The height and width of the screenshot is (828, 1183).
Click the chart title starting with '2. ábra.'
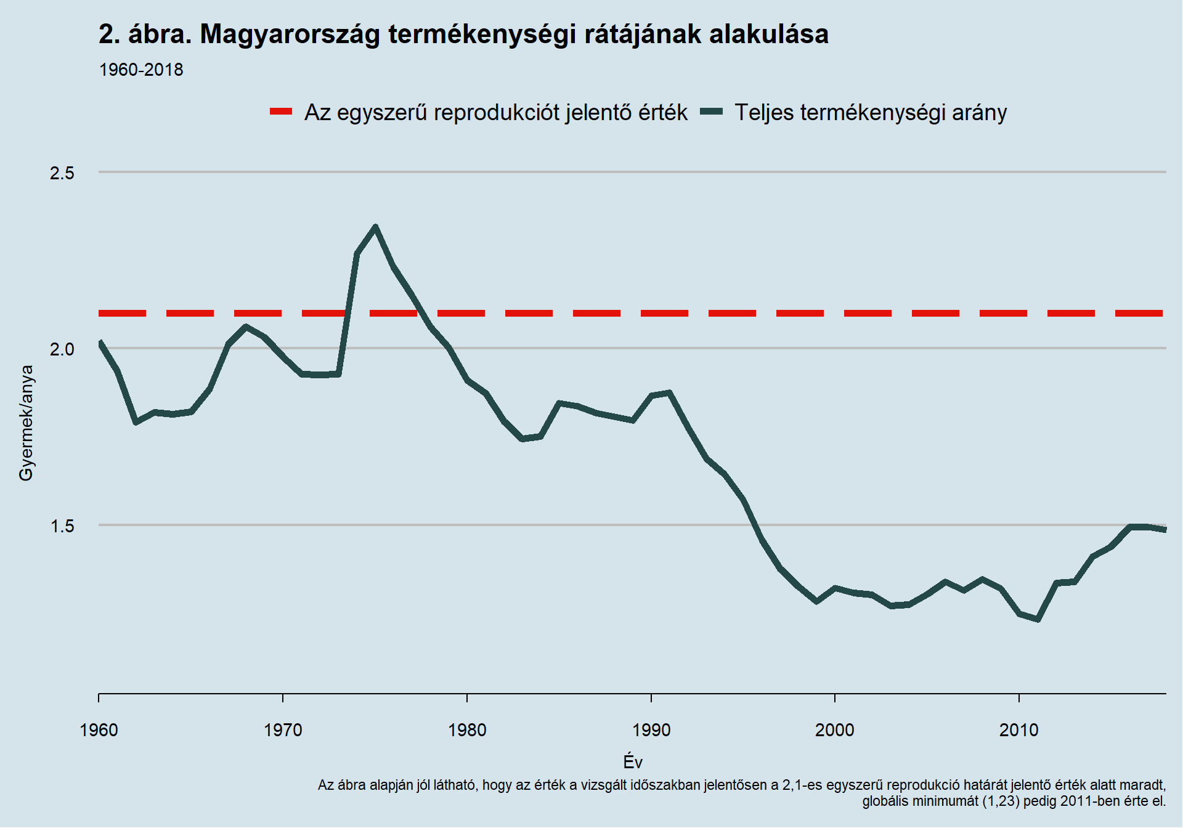(x=463, y=34)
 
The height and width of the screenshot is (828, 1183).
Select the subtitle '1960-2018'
(x=141, y=70)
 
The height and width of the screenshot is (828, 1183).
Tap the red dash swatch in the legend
(x=281, y=112)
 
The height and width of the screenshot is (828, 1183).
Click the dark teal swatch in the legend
(x=711, y=112)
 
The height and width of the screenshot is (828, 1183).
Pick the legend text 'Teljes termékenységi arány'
(x=871, y=113)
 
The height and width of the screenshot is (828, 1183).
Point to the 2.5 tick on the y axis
(x=62, y=173)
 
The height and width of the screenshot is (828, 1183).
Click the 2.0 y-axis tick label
(x=62, y=349)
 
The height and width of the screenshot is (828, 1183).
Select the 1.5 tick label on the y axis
(x=62, y=526)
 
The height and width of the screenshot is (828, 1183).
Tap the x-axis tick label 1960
(x=99, y=731)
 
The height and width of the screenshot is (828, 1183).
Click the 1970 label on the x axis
(x=283, y=731)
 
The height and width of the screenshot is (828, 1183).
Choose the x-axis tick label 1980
(x=467, y=731)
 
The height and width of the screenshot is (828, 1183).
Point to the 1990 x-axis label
(x=651, y=731)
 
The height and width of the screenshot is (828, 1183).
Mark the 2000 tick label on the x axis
(x=835, y=731)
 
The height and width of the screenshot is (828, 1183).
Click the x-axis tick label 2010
(x=1019, y=731)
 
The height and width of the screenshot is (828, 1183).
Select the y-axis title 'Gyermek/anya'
(x=26, y=423)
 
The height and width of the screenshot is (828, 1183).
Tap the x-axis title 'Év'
(x=633, y=762)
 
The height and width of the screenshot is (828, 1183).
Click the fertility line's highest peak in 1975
(x=375, y=227)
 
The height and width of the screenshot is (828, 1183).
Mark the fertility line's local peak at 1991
(x=670, y=392)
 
